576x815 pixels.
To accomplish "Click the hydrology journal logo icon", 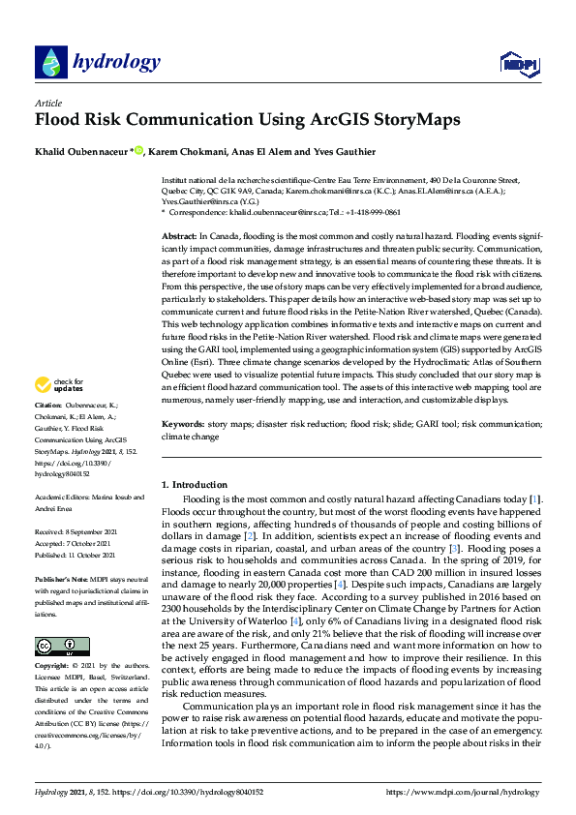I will tap(50, 63).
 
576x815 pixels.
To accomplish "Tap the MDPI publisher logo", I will tap(518, 65).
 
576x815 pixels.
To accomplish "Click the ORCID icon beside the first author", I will tap(138, 150).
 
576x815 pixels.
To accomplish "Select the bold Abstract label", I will tap(180, 235).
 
